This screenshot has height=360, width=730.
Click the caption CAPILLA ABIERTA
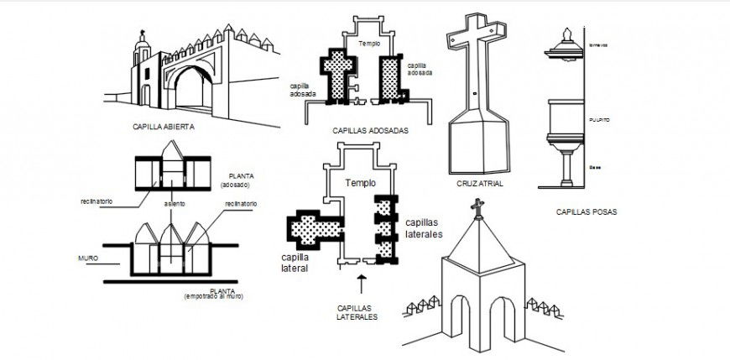pos(164,128)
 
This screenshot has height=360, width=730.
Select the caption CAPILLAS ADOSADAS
pos(371,131)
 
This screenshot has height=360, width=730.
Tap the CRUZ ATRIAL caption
pos(480,183)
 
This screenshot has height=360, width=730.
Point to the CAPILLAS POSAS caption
pos(587,212)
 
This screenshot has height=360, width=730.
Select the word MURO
pos(88,258)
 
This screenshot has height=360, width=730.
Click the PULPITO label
pos(599,120)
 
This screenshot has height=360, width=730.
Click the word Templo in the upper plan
pos(369,43)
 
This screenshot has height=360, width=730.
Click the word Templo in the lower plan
pos(360,182)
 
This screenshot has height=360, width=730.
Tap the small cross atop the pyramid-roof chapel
pos(478,206)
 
